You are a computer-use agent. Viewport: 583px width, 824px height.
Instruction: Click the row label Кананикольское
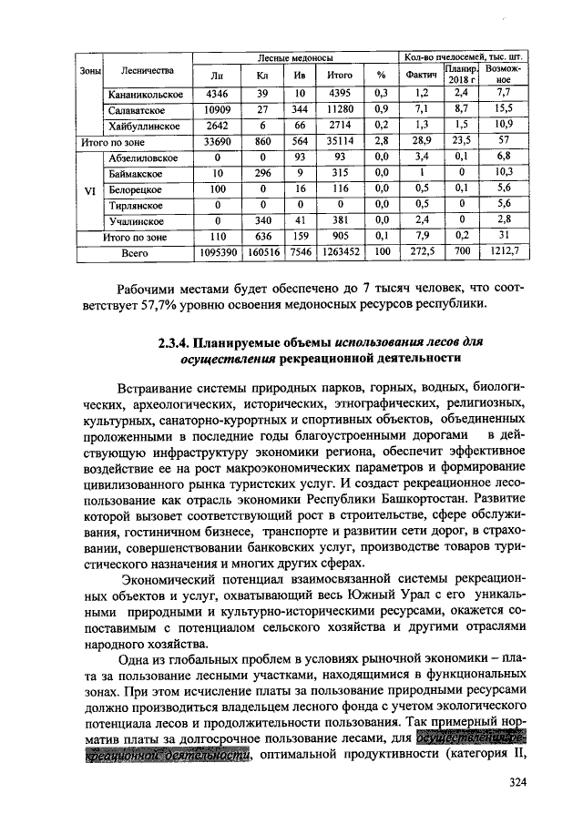tap(146, 94)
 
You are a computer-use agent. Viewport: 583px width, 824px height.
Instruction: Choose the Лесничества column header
tap(146, 71)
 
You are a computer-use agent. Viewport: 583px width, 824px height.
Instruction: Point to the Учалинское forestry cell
tap(137, 220)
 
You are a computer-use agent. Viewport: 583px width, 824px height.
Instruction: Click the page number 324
tap(517, 782)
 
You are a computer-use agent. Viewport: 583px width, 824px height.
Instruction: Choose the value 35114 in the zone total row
tap(339, 141)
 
